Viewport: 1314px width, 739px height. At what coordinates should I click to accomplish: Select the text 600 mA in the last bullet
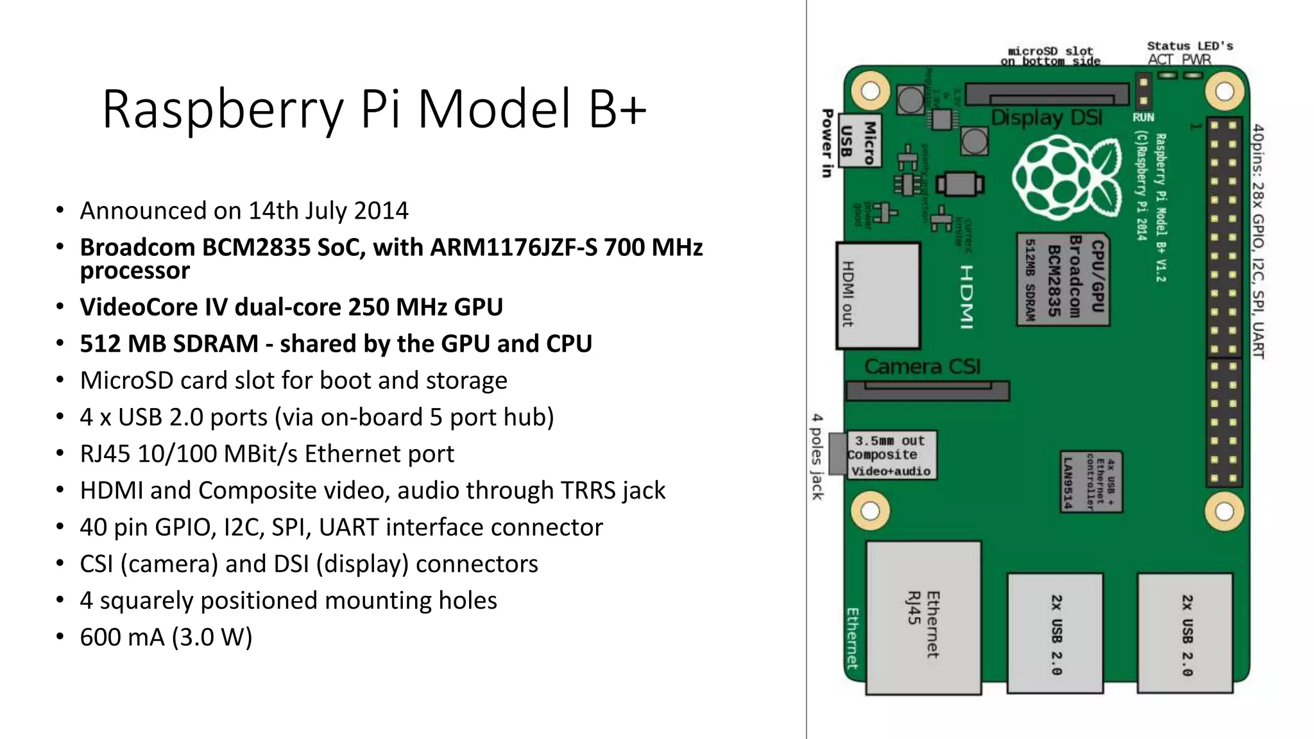[x=122, y=638]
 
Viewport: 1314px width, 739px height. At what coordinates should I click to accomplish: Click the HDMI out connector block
[x=878, y=296]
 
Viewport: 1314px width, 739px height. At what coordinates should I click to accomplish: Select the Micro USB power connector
[x=860, y=141]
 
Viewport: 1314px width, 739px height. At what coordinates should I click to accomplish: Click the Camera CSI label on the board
[x=922, y=367]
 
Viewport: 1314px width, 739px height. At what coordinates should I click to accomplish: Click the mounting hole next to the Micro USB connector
[x=870, y=91]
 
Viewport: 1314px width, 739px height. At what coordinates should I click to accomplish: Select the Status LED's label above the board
[x=1190, y=46]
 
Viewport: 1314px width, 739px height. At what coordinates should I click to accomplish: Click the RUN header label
[x=1143, y=117]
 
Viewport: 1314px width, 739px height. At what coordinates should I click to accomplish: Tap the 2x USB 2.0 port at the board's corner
[x=1185, y=634]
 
